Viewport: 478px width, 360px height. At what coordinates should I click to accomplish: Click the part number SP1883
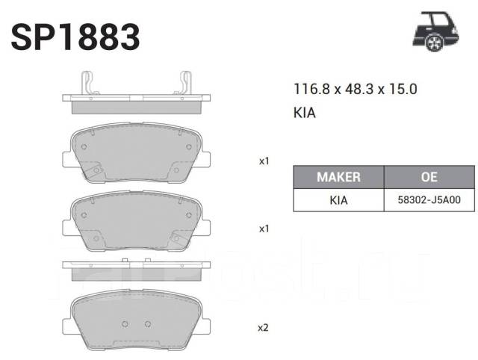(75, 37)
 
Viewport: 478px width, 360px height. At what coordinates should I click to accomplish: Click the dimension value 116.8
(311, 89)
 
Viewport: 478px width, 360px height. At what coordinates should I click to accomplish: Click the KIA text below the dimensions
(304, 113)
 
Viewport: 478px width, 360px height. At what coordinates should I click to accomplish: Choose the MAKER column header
(338, 177)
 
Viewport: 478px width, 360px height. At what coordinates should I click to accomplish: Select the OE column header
(429, 177)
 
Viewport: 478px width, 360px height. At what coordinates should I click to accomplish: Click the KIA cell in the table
(338, 200)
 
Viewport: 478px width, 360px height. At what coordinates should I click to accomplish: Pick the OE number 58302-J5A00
(429, 200)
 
